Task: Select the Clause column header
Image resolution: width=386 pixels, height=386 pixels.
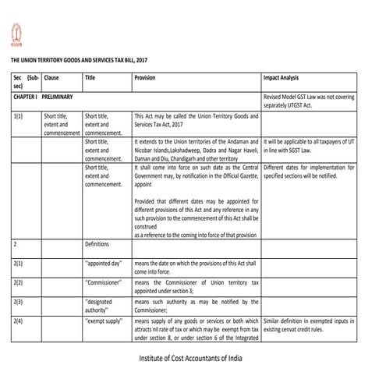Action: pos(52,79)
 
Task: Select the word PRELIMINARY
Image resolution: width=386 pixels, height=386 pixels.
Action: pos(58,97)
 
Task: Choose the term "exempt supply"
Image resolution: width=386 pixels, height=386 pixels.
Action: pos(105,319)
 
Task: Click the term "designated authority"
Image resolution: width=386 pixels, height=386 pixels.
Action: pos(103,304)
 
